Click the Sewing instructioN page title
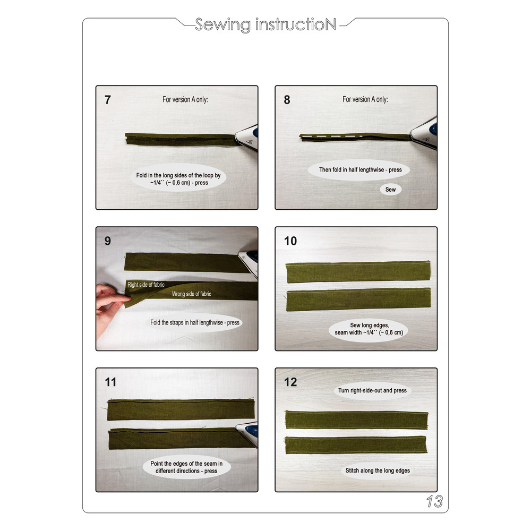point(265,24)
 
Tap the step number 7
point(108,100)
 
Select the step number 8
point(287,100)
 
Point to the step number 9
point(108,241)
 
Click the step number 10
point(290,241)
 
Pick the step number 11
point(110,382)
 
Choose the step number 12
point(290,382)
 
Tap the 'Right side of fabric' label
point(146,285)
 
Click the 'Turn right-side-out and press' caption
point(372,390)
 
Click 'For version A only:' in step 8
point(365,99)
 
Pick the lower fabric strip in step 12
point(356,444)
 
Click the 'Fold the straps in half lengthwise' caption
point(195,322)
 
